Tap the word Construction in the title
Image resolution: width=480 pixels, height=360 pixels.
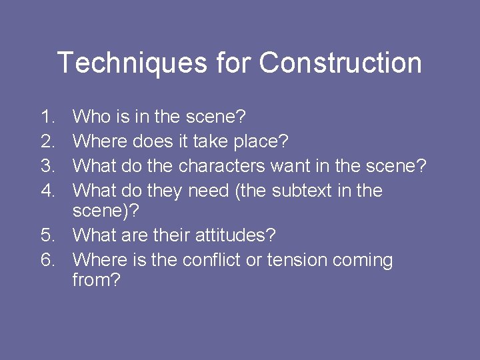coord(340,63)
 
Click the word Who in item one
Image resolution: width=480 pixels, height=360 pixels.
coord(91,117)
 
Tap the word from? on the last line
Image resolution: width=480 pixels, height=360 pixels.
coord(97,280)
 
